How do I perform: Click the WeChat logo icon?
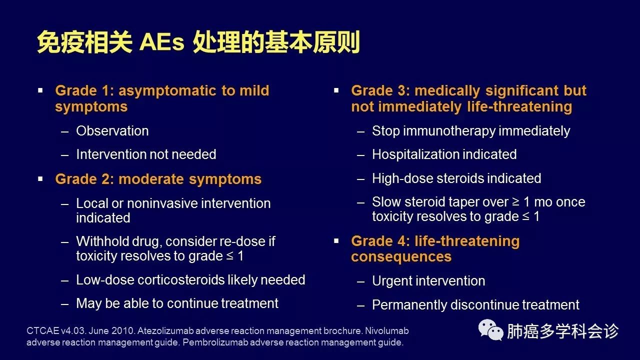coord(491,330)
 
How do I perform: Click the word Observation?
coord(112,131)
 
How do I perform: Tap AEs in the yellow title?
coord(161,42)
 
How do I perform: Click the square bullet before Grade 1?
coord(40,91)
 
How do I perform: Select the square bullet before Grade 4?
coord(336,241)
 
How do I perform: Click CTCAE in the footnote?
coord(43,331)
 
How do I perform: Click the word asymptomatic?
coord(167,91)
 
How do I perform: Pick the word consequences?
coord(401,257)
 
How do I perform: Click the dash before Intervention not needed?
coord(65,155)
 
